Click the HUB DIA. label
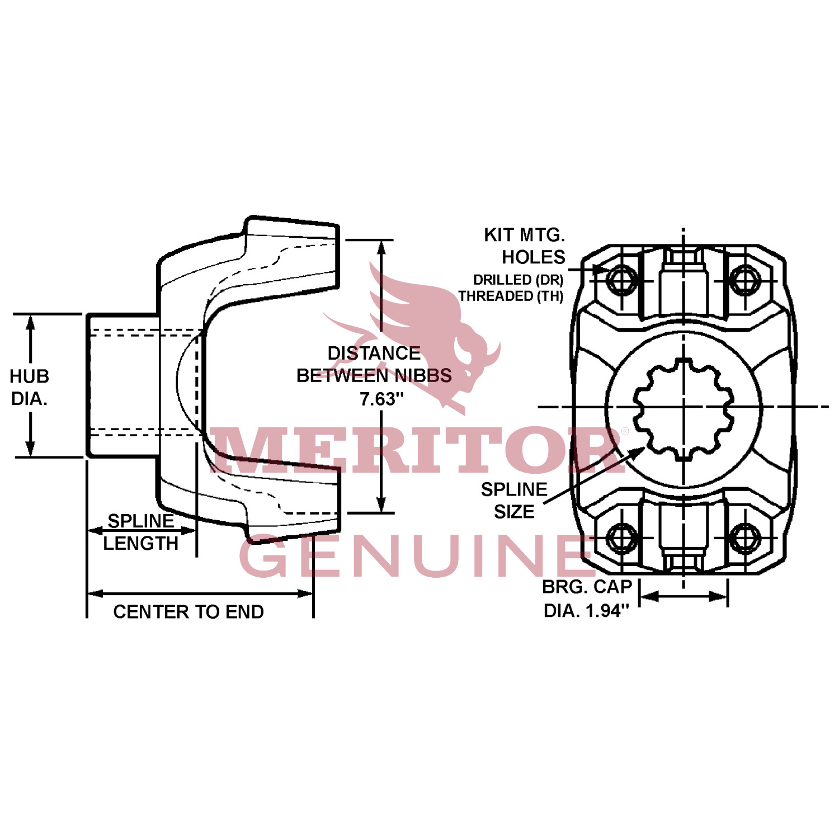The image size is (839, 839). tap(29, 387)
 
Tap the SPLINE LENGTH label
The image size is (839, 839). tap(140, 532)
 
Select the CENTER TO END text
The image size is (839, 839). tap(188, 612)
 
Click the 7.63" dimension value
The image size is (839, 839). tap(381, 399)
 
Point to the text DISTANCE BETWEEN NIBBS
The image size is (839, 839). tap(374, 365)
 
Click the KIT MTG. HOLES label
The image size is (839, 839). tap(526, 246)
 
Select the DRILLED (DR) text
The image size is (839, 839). tap(518, 280)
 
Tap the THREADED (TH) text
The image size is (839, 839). tap(511, 296)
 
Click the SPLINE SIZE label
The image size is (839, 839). tap(514, 501)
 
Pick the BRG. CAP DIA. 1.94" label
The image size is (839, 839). tap(587, 599)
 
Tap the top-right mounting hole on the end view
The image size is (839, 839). tap(744, 281)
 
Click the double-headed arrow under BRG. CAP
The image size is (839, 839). tap(684, 596)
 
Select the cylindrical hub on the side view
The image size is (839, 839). tap(123, 385)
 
